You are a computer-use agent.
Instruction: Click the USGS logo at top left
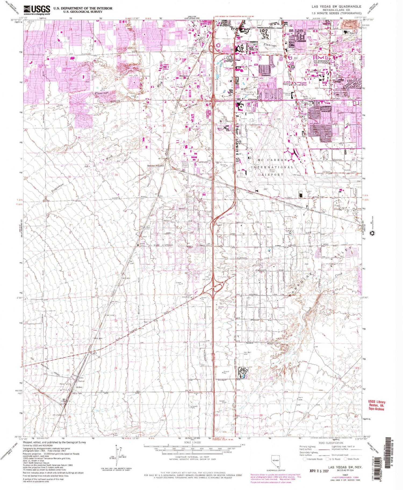37,10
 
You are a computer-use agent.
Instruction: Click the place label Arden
79,387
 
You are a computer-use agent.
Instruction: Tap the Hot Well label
247,352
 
